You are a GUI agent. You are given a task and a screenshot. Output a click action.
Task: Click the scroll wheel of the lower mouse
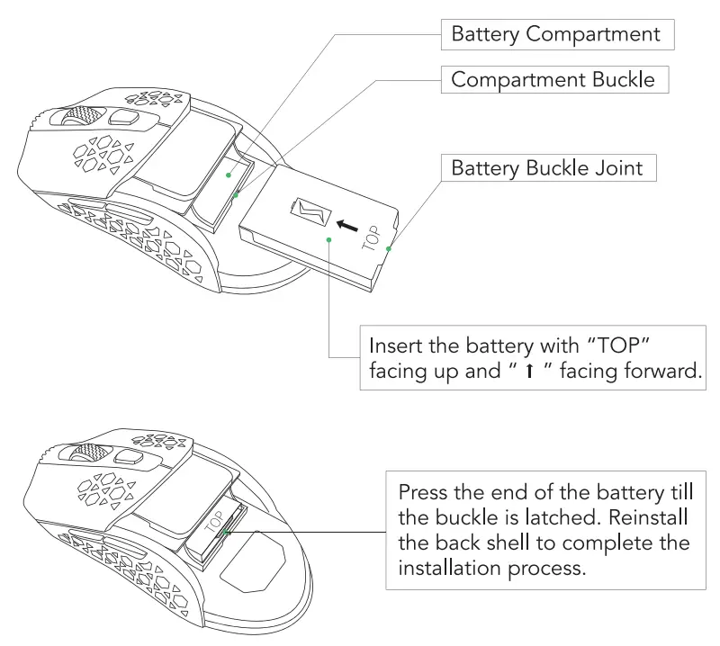point(87,453)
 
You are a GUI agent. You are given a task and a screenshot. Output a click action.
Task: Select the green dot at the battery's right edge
point(388,247)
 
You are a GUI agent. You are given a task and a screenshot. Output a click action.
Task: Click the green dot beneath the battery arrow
point(330,240)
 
